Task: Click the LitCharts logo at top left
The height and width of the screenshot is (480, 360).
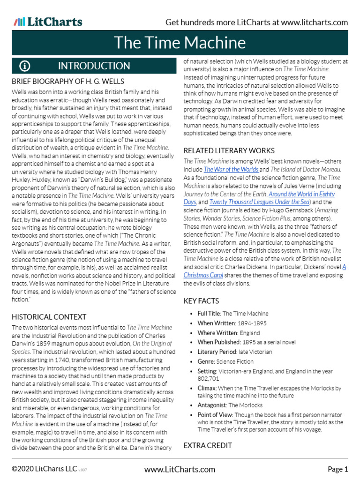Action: click(48, 22)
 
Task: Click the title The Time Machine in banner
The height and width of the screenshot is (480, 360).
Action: click(180, 43)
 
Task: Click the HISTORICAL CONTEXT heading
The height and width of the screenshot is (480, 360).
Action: click(49, 317)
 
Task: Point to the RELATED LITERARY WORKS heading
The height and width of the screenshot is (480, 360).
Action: click(229, 150)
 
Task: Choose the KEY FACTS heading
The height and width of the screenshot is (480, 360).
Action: click(201, 301)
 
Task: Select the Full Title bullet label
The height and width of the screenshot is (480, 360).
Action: click(209, 314)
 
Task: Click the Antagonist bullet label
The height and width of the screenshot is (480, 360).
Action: click(212, 405)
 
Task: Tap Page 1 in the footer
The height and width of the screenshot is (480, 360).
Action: click(337, 469)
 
